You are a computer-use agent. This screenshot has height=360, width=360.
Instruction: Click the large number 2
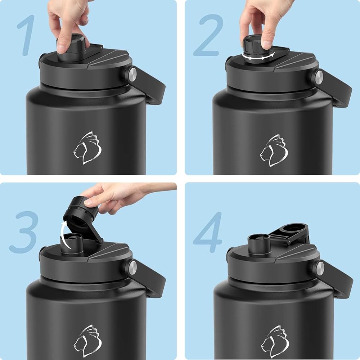click(208, 36)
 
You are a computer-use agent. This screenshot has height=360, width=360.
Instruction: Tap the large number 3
click(24, 232)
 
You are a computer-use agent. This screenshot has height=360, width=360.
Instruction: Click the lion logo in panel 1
click(87, 148)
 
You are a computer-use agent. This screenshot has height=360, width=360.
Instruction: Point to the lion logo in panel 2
click(274, 150)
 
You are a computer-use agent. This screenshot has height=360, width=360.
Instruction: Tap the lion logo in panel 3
click(88, 341)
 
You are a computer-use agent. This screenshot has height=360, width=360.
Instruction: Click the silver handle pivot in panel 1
click(132, 74)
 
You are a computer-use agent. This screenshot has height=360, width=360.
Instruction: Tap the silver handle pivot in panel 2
click(319, 77)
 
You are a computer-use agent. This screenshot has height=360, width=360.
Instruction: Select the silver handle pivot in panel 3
click(132, 267)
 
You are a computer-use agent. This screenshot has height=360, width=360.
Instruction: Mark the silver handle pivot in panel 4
click(320, 269)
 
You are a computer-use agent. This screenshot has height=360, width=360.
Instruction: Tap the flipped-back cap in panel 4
click(290, 233)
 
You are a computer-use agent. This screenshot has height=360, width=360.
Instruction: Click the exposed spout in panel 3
click(72, 243)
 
